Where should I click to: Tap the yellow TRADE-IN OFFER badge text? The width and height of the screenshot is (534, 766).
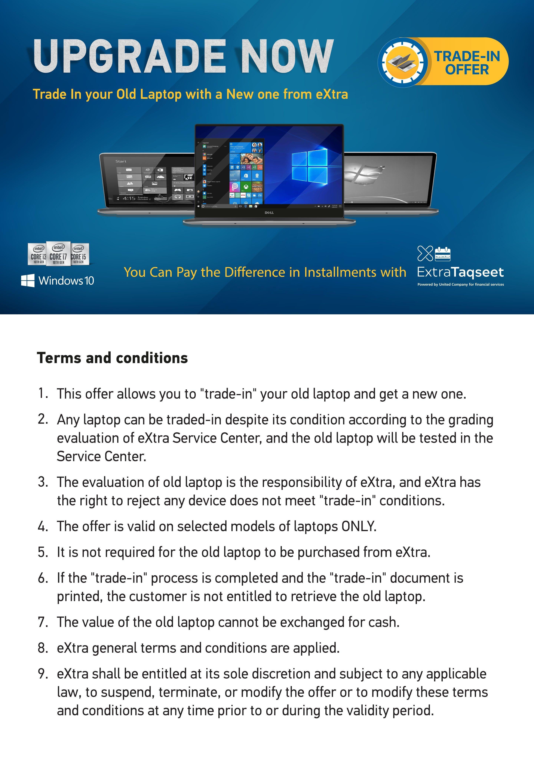(x=467, y=63)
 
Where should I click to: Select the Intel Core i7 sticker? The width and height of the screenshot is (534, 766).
(x=58, y=254)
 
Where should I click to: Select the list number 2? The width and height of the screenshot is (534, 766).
(x=43, y=419)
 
